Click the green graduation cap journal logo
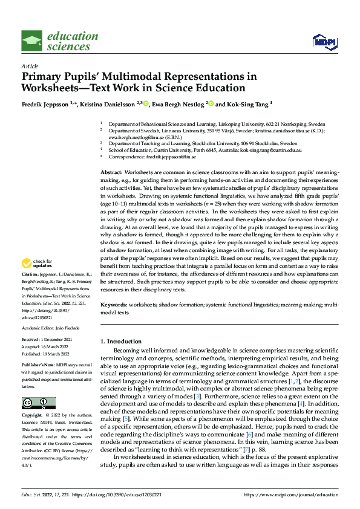coord(32,41)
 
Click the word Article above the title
coord(29,65)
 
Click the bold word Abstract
coord(111,172)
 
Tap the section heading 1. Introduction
coord(123,342)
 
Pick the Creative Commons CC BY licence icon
coord(38,403)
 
